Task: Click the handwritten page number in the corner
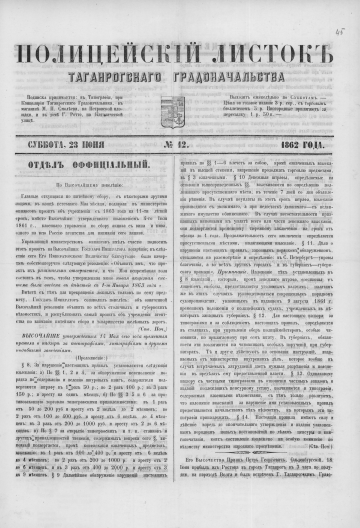[340, 9]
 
